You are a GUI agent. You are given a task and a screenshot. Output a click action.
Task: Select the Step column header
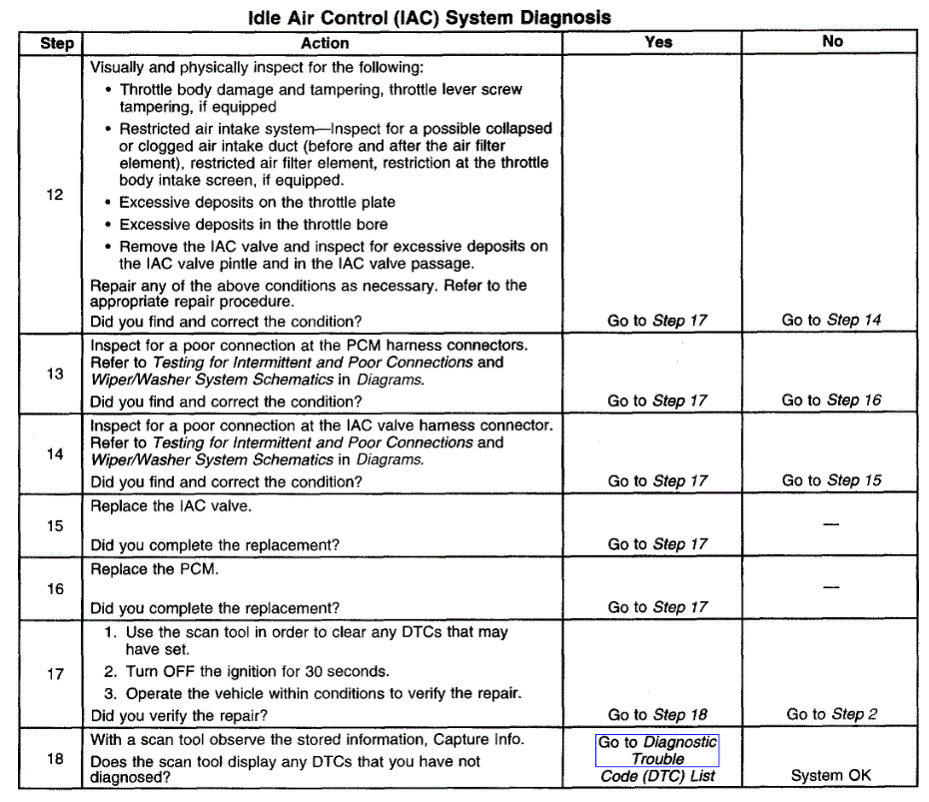tap(57, 43)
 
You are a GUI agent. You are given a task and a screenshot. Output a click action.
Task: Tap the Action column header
tap(325, 43)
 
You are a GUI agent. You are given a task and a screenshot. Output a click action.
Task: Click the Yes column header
tap(658, 42)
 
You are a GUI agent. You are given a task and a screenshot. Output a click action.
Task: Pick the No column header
tap(832, 42)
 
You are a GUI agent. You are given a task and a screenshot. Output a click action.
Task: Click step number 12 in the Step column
tap(55, 195)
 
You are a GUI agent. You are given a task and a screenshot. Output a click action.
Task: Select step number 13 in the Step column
tap(55, 374)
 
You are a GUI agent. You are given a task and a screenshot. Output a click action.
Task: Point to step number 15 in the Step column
tap(55, 525)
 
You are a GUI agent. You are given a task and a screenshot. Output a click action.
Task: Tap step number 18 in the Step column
tap(55, 758)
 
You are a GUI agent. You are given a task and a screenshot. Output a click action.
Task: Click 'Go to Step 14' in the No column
tap(831, 321)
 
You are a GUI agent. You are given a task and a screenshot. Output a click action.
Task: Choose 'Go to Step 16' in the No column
tap(831, 401)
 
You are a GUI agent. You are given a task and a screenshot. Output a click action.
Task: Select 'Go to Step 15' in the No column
tap(831, 480)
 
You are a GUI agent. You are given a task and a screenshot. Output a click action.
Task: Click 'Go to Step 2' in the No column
tap(831, 714)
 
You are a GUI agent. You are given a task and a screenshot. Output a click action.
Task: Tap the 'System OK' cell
tap(831, 775)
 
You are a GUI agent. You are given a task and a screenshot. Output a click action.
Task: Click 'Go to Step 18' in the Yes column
tap(657, 714)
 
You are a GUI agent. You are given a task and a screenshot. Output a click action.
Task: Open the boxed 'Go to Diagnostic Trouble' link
tap(657, 750)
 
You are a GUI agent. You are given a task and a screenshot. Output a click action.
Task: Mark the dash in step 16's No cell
tap(831, 588)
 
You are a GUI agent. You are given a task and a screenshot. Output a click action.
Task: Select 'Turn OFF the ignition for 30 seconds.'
tap(258, 671)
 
